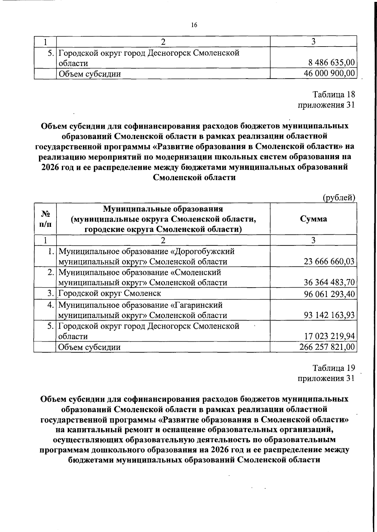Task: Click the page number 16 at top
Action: (x=194, y=25)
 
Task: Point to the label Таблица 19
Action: (x=334, y=368)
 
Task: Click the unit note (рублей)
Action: (x=339, y=198)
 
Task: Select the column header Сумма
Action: (x=313, y=219)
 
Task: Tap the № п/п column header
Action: (x=45, y=219)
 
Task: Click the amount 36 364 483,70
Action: (x=329, y=283)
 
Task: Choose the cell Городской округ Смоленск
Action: (x=110, y=294)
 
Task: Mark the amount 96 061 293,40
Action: (x=329, y=294)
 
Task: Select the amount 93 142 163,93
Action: (x=329, y=315)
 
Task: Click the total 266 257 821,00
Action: (x=328, y=347)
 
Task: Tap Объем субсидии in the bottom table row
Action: (x=90, y=347)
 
